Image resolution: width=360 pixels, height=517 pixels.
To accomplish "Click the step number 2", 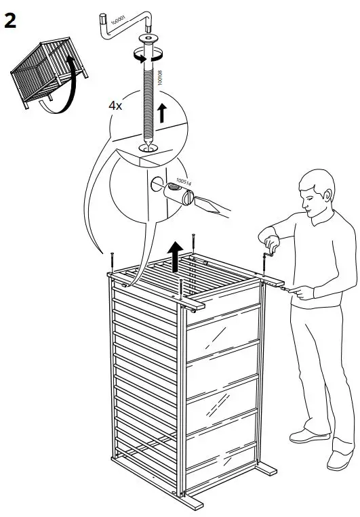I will click(x=12, y=20).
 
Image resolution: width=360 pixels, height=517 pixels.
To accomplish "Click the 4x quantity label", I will click(x=117, y=106).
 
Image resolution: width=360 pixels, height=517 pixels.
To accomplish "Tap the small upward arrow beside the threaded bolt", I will click(x=161, y=112).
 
